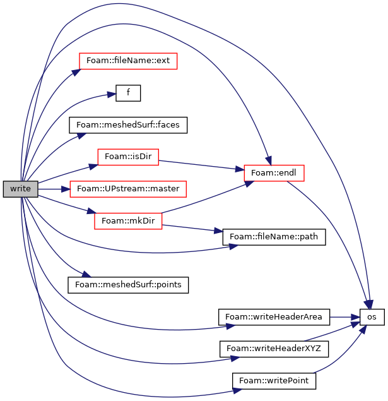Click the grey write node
coord(20,189)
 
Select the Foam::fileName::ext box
coord(128,61)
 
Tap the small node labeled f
coord(128,93)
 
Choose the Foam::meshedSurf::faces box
coord(128,125)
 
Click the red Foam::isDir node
coord(128,157)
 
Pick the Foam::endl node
coord(274,173)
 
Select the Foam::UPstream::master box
coord(128,189)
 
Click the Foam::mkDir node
coord(128,221)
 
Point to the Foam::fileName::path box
coord(274,237)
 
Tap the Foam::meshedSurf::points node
coord(128,285)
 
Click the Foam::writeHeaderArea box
coord(274,317)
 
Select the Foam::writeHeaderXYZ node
coord(274,349)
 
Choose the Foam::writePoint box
coord(274,381)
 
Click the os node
coord(372,317)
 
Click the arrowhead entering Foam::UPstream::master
coord(66,189)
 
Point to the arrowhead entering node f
coord(112,95)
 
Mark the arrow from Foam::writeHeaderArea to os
coord(344,317)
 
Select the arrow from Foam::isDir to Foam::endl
coord(201,165)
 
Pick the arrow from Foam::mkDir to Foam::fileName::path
coord(192,229)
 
